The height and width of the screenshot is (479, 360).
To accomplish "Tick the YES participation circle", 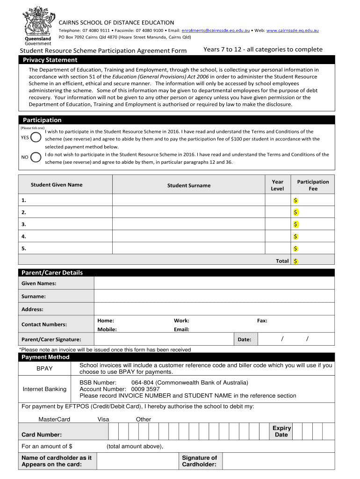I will pos(36,138).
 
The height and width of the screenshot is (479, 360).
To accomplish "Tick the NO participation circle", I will pos(36,157).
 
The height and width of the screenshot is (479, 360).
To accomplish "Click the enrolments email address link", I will pos(216,30).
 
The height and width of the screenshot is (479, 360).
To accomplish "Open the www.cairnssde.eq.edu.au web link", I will pos(293,30).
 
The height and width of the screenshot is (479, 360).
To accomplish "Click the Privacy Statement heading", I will pos(50,60).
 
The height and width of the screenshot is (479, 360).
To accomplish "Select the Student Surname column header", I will pos(189,185).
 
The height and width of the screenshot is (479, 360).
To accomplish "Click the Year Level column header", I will pos(277,185).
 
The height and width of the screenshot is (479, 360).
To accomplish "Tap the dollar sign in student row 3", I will pos(295,224).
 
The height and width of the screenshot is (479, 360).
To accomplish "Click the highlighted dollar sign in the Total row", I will pos(295,261).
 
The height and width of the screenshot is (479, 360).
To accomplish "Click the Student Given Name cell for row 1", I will pos(65,200).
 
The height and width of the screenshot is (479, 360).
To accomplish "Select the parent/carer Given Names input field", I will pos(214,283).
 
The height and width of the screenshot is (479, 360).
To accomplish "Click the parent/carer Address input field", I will pos(214,309).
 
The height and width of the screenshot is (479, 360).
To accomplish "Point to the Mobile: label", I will pos(107,329).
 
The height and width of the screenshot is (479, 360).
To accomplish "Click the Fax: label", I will pos(262,321).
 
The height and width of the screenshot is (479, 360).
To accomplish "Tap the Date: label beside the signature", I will pos(245,340).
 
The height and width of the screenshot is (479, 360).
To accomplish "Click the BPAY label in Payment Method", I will pos(44,369).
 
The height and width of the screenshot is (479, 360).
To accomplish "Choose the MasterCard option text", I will pos(54,419).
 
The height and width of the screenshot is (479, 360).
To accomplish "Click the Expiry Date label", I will pos(281,431).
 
